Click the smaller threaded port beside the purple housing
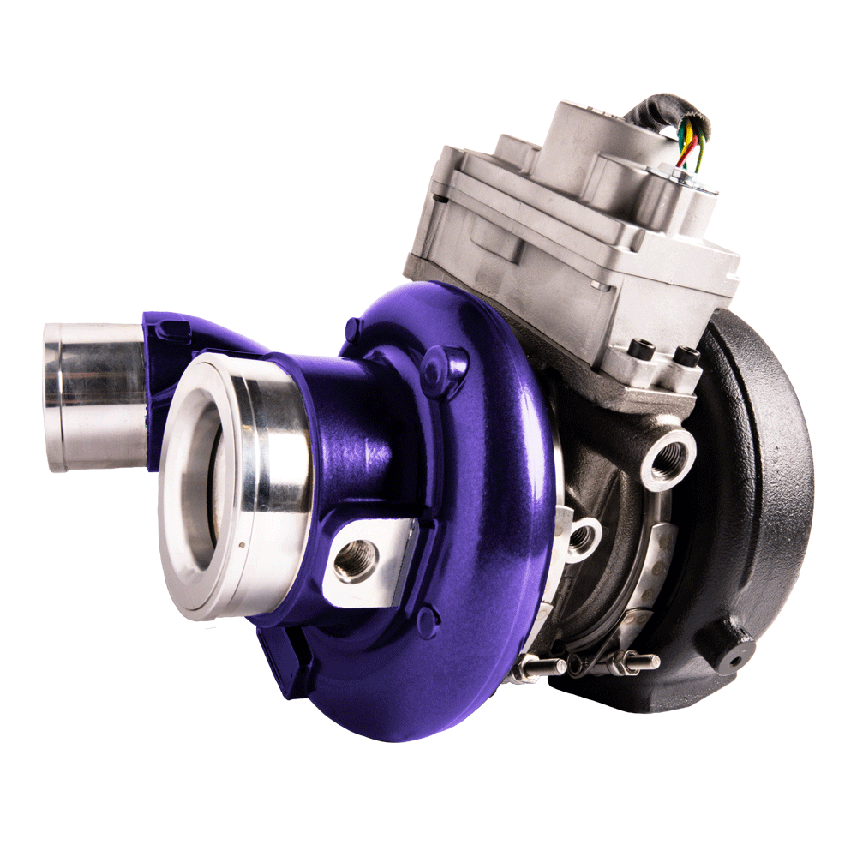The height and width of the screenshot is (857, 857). tap(583, 537)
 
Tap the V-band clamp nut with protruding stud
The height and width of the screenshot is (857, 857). tap(630, 662)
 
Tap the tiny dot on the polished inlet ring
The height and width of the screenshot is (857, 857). tap(243, 542)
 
